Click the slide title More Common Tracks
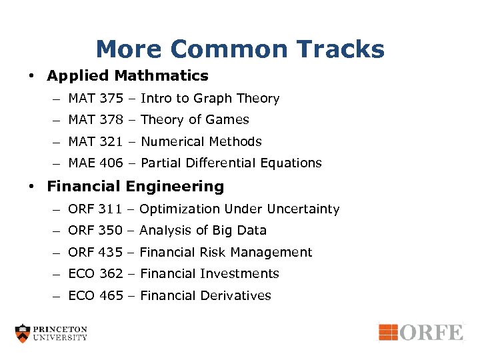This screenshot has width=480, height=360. click(240, 49)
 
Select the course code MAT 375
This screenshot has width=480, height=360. click(95, 99)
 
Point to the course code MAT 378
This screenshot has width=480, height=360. click(95, 120)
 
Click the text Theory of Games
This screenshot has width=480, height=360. click(195, 120)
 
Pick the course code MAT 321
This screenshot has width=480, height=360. click(95, 141)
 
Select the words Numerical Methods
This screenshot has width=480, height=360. click(201, 141)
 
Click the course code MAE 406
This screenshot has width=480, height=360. click(95, 163)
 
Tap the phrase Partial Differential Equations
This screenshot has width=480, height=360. click(231, 163)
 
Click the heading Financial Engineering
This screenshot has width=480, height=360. click(135, 187)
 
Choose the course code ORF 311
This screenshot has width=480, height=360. click(95, 209)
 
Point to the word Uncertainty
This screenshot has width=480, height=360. click(303, 209)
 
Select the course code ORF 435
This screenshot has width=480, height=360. click(95, 252)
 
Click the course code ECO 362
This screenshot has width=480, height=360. click(95, 273)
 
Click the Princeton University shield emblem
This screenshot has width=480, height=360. click(23, 333)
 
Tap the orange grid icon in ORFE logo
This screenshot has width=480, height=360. click(388, 331)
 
